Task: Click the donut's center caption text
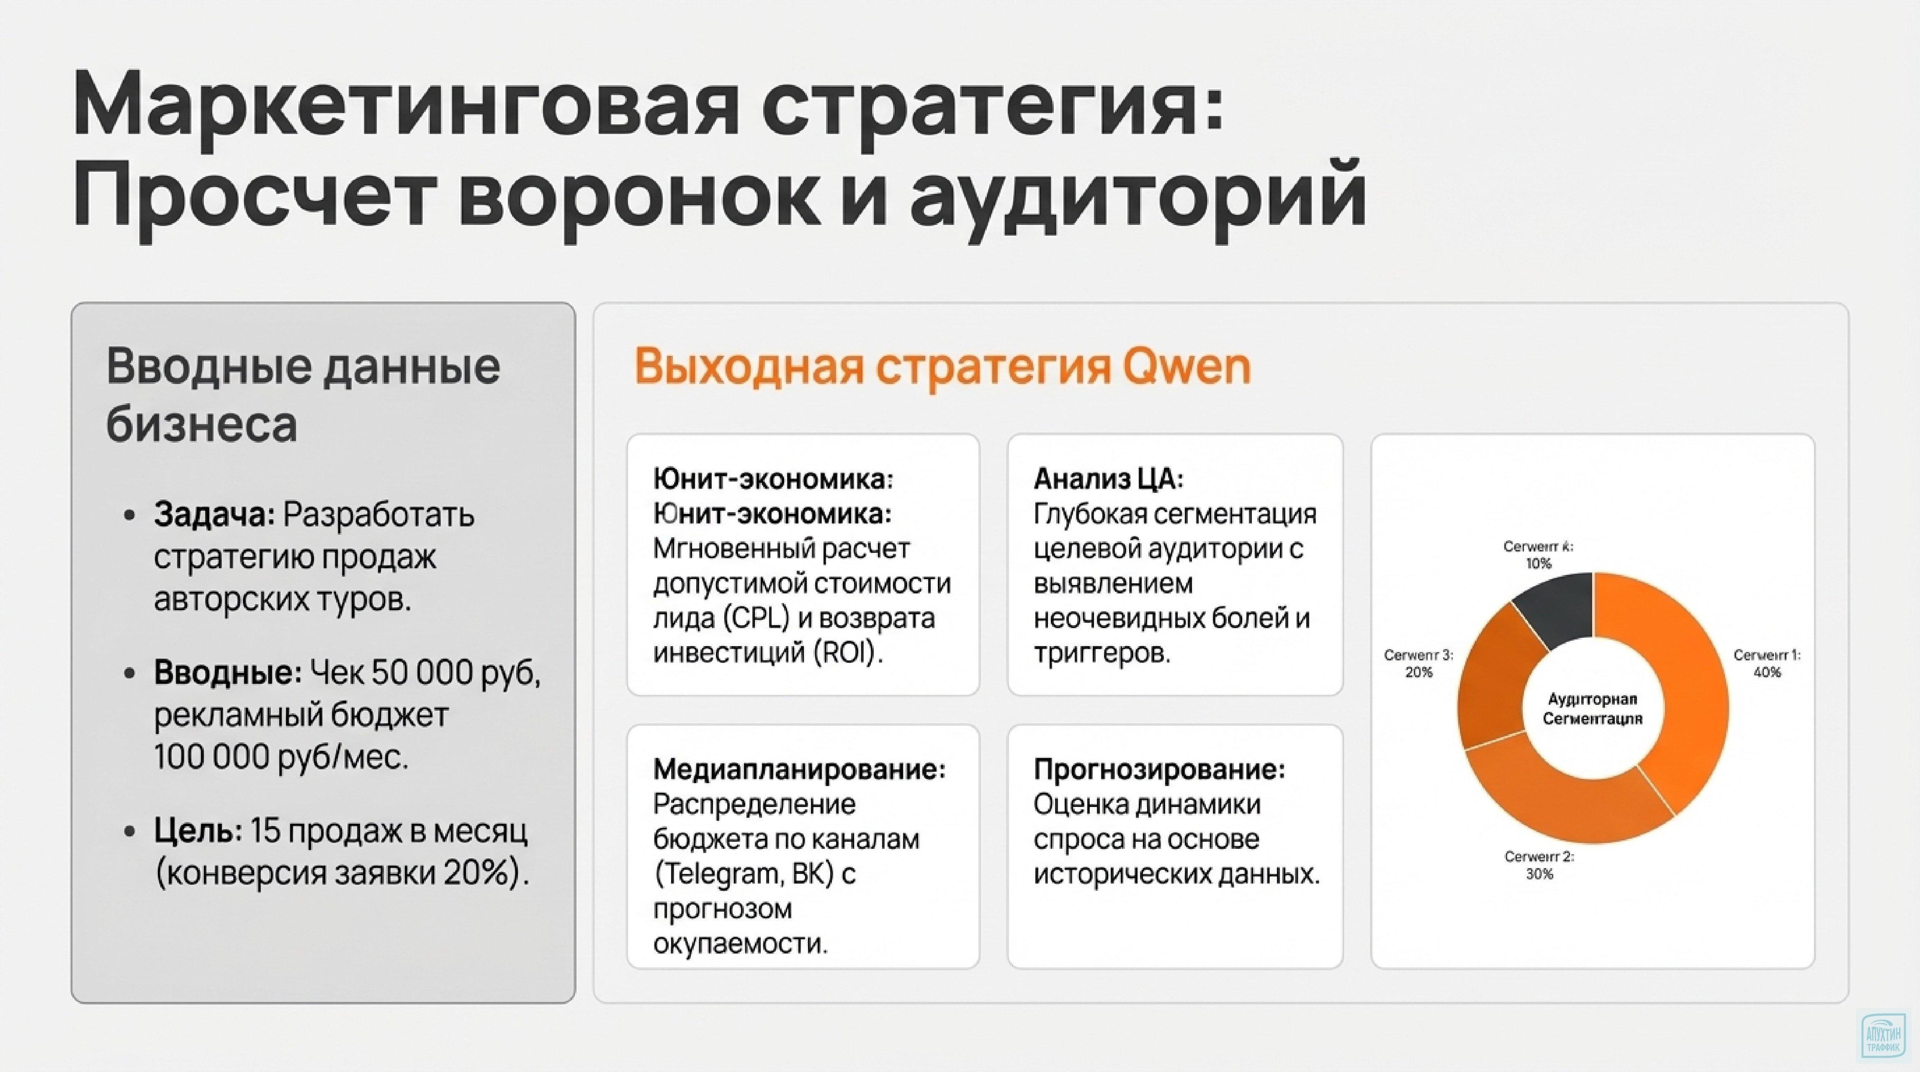coord(1593,709)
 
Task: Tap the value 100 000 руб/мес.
coord(282,758)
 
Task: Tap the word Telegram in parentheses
coord(719,874)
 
